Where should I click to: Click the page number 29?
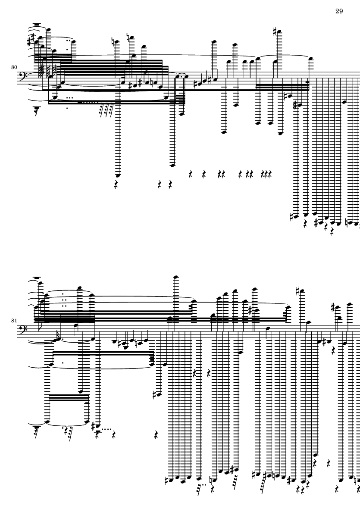[339, 11]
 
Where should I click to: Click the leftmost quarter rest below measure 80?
[116, 184]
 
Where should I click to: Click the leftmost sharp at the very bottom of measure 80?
[293, 215]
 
